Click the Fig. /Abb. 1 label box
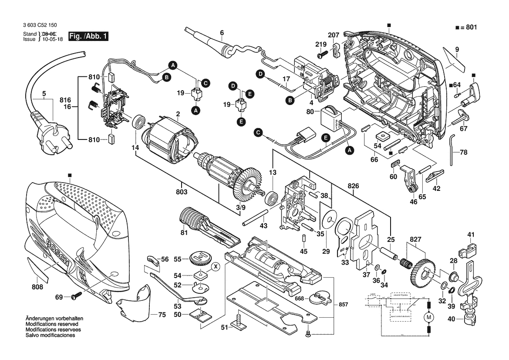coord(88,36)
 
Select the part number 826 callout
coord(354,186)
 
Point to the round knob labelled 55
coord(199,258)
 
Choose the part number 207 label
coord(334,35)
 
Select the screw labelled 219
coord(322,55)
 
